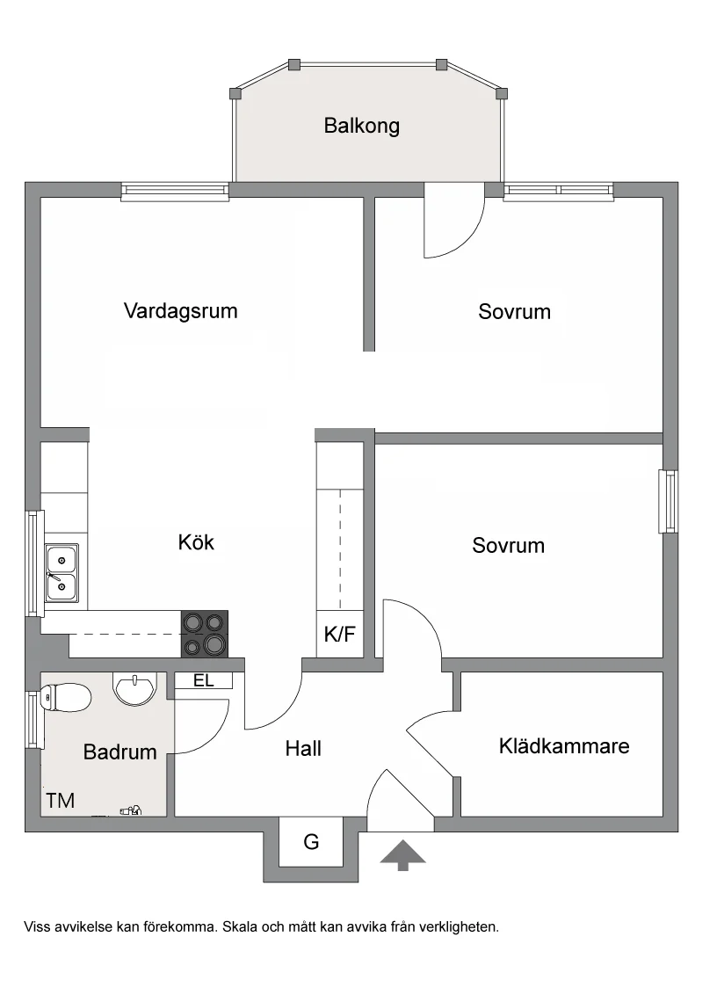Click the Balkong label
coord(362,126)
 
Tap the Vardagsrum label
coord(181,311)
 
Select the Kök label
coord(196,542)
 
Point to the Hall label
coord(303,748)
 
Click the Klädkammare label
coord(564,745)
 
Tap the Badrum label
coord(119,752)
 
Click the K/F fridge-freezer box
coord(340,633)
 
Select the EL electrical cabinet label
coord(204,681)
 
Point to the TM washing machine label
coord(61,801)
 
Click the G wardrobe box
coord(311,841)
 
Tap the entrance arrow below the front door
coord(403,855)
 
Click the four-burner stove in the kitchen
coord(205,633)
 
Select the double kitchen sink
coord(62,573)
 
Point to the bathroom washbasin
coord(134,689)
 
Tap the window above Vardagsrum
coord(175,192)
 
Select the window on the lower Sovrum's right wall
coord(668,501)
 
